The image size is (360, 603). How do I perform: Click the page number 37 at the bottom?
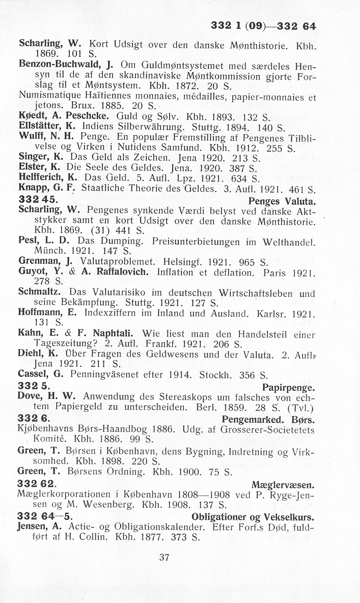(164, 557)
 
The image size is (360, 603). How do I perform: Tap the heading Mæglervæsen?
(283, 485)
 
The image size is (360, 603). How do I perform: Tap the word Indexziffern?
(110, 313)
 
